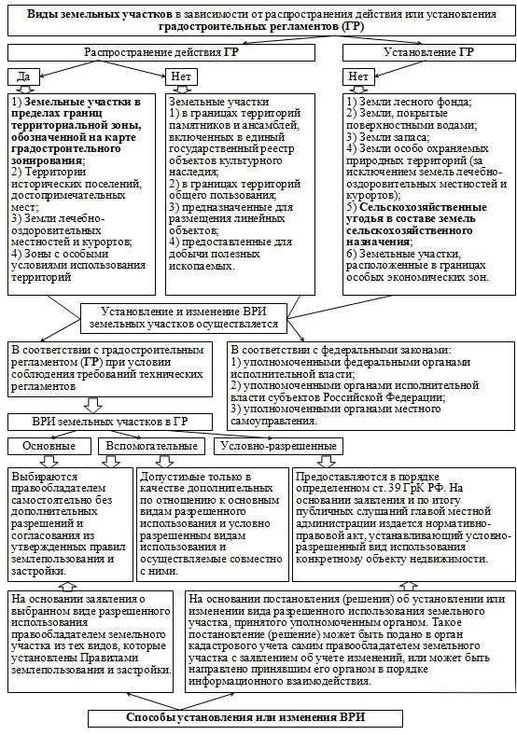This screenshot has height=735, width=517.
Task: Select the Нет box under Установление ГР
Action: pos(356,75)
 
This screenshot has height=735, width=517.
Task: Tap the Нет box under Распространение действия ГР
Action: pos(180,75)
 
